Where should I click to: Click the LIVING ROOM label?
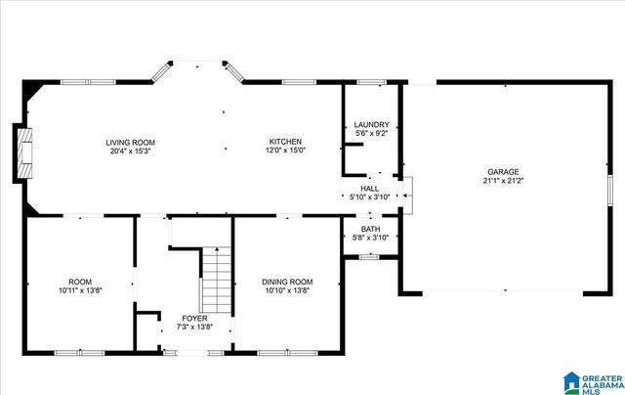click(131, 143)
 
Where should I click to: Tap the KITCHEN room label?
click(285, 143)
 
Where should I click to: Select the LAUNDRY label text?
click(371, 125)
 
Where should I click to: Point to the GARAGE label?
click(504, 172)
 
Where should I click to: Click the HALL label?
click(369, 189)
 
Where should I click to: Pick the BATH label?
click(369, 230)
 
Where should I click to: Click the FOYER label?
click(197, 319)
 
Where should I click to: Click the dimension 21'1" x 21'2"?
click(504, 181)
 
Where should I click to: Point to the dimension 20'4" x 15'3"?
click(131, 152)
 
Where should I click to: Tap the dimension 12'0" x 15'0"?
click(285, 152)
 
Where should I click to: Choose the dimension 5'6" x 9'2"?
click(371, 133)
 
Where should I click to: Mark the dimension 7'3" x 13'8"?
click(197, 328)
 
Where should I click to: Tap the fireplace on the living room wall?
click(21, 153)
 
